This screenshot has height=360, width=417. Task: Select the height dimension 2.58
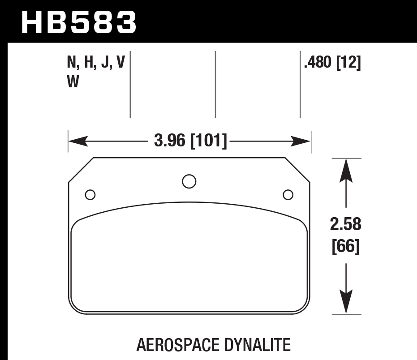coord(346,224)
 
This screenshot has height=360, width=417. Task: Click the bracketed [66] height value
coord(346,246)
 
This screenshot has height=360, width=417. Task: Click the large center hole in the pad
coord(189,181)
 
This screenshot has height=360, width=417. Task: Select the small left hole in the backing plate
coord(90,195)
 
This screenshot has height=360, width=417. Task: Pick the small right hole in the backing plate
coord(288,195)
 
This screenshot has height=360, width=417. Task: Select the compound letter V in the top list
coord(120,64)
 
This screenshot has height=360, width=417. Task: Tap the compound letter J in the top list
coord(106,64)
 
